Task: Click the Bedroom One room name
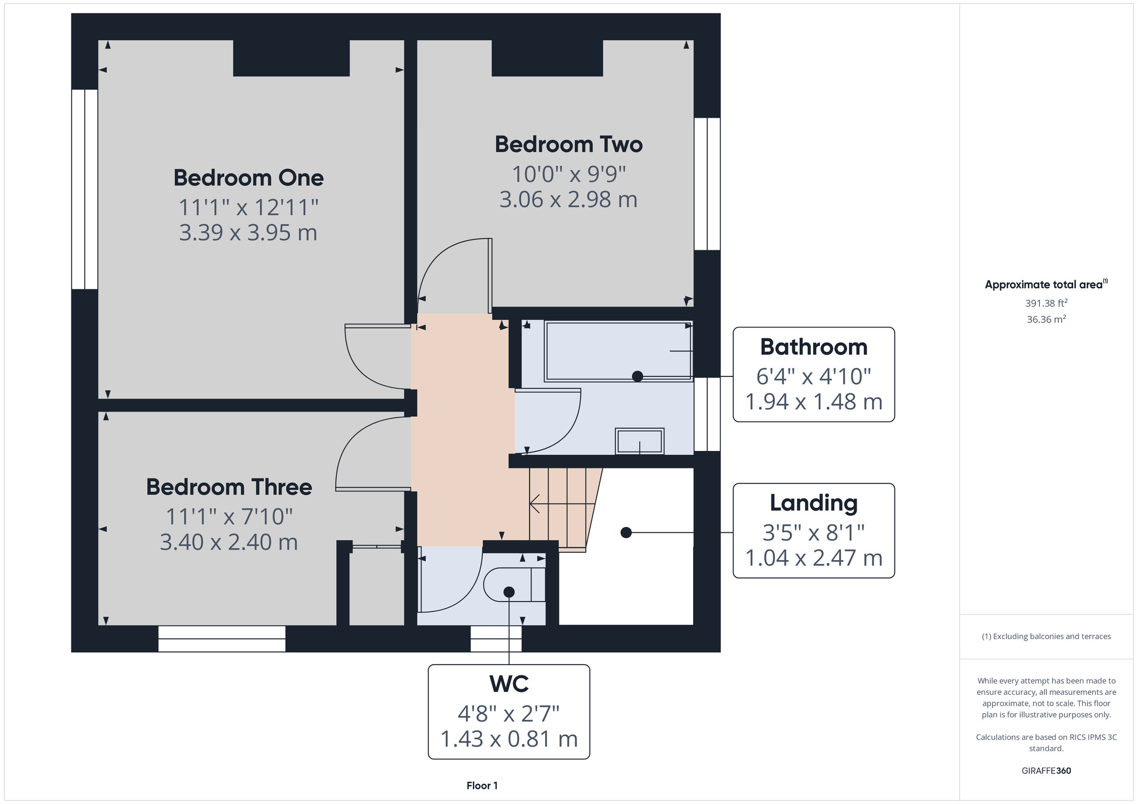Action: tap(249, 178)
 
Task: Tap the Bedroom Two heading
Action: tap(568, 144)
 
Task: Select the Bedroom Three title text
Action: tap(229, 487)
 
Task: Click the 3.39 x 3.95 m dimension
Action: tap(248, 233)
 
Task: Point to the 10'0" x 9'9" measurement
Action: tap(568, 174)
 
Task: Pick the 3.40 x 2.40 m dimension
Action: tap(229, 542)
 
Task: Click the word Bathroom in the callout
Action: tap(814, 347)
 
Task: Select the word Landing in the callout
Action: tap(814, 503)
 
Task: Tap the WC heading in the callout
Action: tap(509, 684)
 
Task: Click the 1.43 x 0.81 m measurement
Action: tap(509, 739)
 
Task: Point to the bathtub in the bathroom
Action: tap(619, 351)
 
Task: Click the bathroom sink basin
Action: tap(640, 441)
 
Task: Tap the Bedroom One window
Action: tap(85, 189)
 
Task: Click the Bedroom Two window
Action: tap(707, 184)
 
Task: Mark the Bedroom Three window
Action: tap(222, 639)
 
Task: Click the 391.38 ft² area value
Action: tap(1046, 303)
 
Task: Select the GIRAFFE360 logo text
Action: tap(1046, 771)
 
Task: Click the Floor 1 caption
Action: tap(482, 786)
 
